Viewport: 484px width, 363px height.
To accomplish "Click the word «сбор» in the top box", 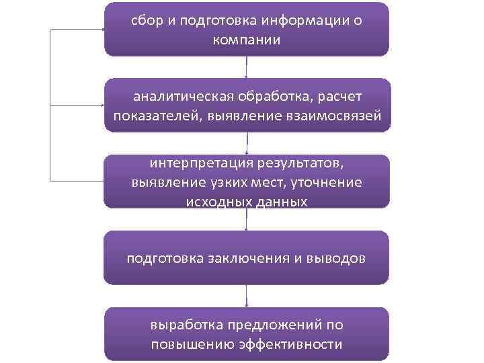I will (145, 21).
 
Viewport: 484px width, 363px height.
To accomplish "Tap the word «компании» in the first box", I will (246, 40).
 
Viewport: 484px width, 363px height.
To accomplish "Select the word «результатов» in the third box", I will (305, 163).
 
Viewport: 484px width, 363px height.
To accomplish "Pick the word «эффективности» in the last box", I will (295, 345).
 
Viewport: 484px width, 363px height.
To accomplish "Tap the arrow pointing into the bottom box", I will (247, 296).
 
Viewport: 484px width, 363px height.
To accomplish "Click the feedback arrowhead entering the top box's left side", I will (101, 29).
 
